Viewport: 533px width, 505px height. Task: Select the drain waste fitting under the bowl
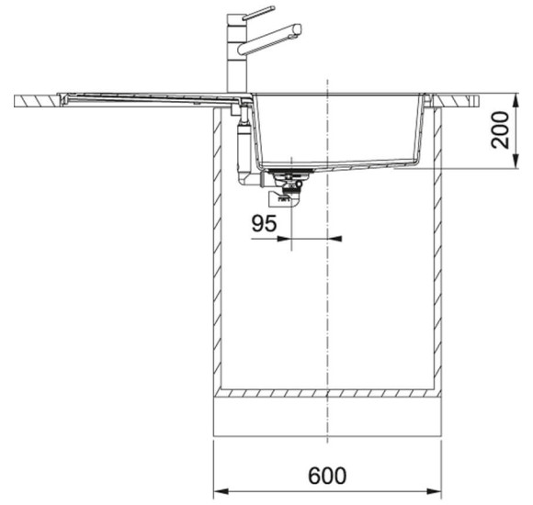288,184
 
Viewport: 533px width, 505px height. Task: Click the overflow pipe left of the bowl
242,147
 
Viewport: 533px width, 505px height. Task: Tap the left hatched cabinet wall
216,248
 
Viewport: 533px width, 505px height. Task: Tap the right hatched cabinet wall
440,248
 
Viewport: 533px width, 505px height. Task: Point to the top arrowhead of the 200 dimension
510,95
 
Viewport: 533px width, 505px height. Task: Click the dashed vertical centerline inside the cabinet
328,303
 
